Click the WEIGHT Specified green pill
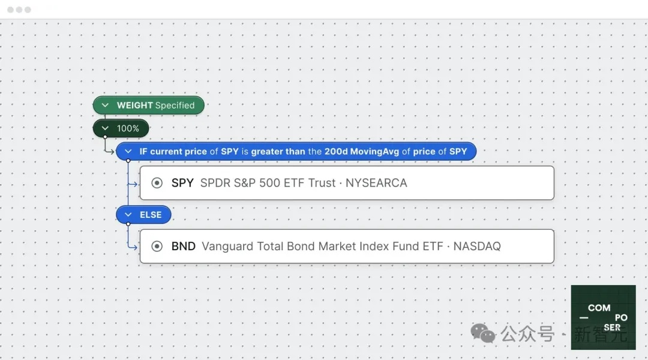[148, 106]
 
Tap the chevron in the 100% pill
[105, 128]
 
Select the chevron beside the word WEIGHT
[105, 106]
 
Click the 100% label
[128, 128]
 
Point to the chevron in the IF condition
[128, 152]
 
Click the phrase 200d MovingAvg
[362, 152]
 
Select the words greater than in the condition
[278, 152]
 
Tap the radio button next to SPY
[157, 183]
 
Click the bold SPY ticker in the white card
[182, 182]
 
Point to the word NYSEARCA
[376, 182]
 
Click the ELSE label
[151, 215]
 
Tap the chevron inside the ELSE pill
[128, 215]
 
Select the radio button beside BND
[157, 247]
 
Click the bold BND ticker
[183, 247]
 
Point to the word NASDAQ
[477, 247]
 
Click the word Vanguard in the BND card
[227, 247]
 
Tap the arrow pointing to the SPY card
[133, 184]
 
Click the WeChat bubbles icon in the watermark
[482, 333]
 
